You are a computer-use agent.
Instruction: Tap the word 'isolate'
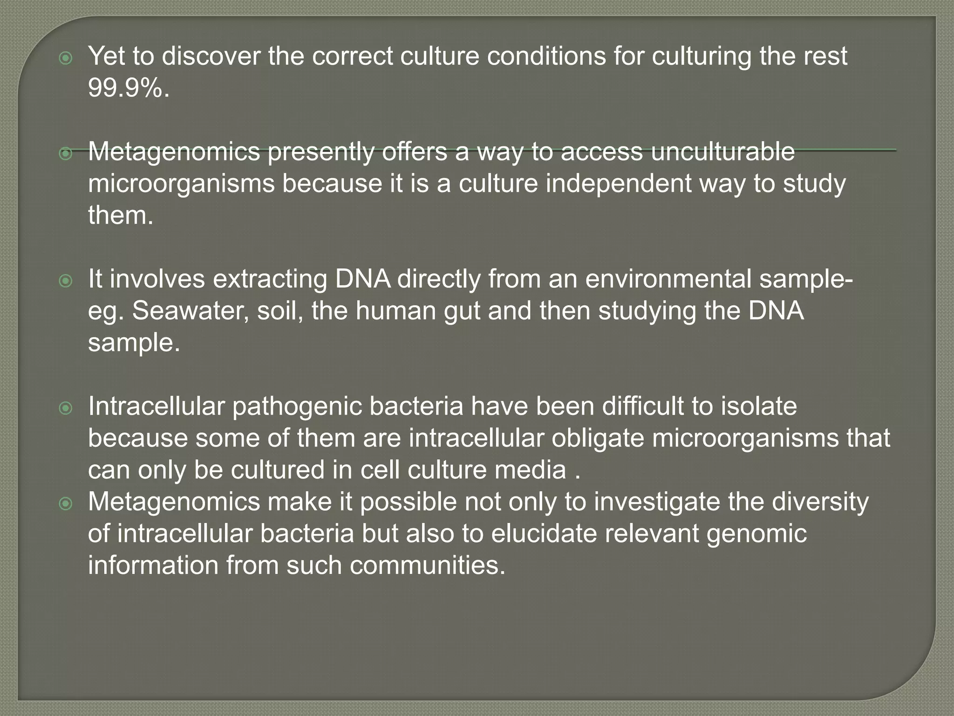(x=759, y=406)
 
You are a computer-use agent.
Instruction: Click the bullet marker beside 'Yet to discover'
(x=67, y=58)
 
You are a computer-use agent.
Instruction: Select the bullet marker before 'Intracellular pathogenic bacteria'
(x=67, y=409)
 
